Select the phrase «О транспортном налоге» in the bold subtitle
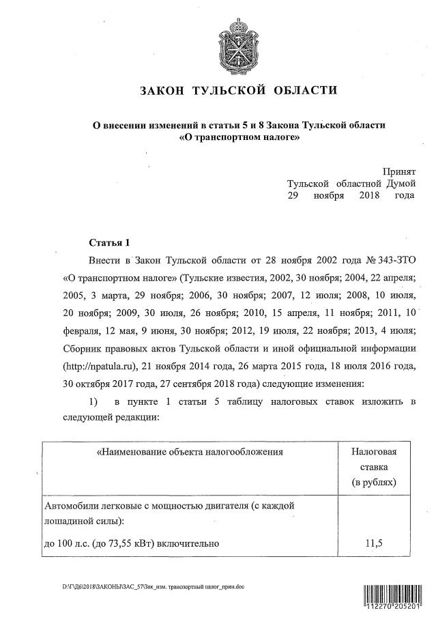tap(239, 137)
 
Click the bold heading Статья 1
tap(109, 242)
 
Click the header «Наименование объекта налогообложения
tap(190, 452)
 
